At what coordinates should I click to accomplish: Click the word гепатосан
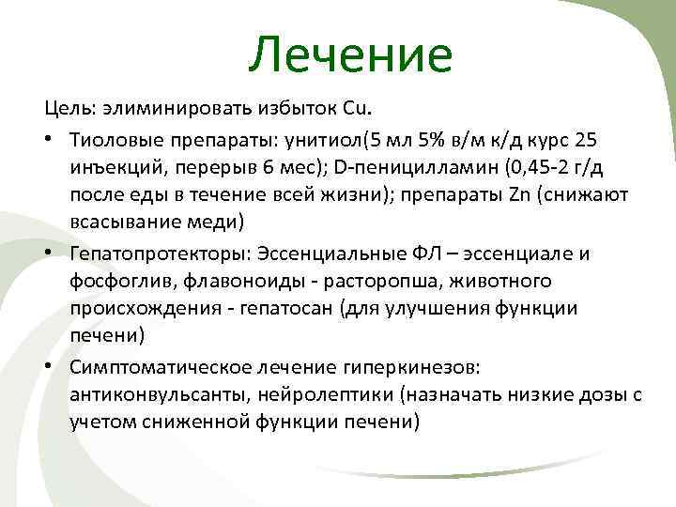279,309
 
